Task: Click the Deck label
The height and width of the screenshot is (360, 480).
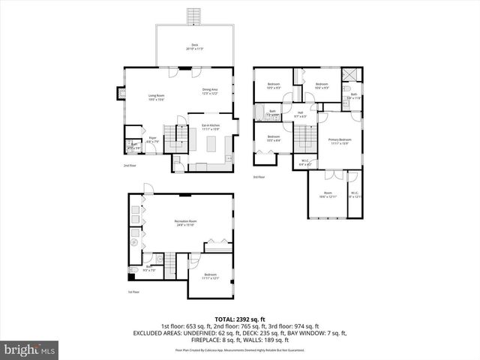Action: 195,46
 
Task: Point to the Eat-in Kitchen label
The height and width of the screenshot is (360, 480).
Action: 211,127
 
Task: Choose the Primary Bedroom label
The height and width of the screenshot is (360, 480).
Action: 340,141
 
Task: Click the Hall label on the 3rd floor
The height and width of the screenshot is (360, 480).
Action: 299,114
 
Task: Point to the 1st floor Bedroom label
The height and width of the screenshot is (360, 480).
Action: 210,277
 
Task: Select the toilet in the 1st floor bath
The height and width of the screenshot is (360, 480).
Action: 133,269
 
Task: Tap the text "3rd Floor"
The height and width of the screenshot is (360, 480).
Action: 259,177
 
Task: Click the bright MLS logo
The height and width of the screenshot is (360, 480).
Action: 30,349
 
